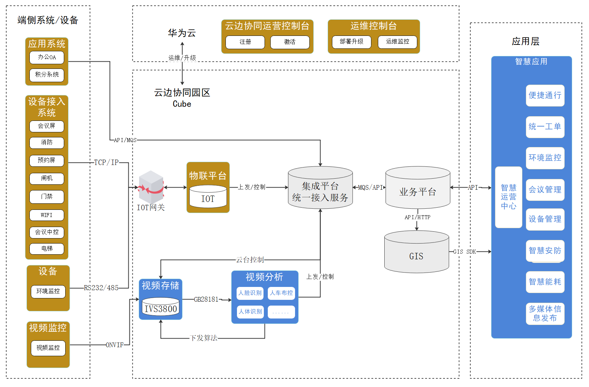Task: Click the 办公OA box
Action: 47,57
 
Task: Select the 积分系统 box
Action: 47,75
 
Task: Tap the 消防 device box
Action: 47,143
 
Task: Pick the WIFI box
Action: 47,215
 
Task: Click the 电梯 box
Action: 47,249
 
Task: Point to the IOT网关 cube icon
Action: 151,187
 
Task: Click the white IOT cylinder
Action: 208,197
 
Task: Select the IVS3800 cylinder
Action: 161,307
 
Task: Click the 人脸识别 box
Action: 250,293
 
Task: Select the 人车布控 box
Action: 281,293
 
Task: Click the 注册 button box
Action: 245,42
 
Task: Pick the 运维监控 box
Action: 398,42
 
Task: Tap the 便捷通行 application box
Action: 545,95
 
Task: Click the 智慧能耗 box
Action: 545,282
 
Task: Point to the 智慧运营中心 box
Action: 508,197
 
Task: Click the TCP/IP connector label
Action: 106,162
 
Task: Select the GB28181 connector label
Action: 206,299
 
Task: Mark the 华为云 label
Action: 182,33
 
